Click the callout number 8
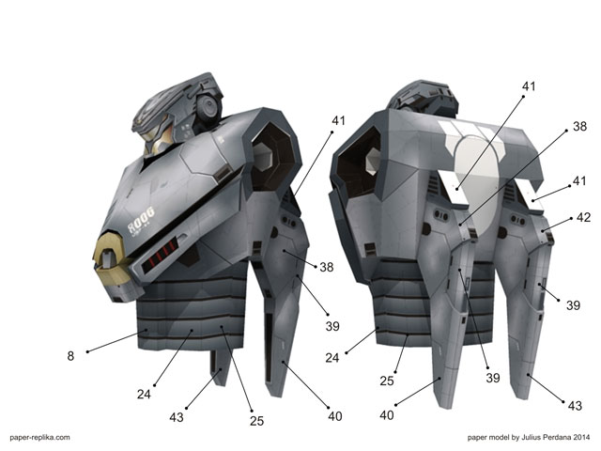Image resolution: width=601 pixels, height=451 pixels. point(70,356)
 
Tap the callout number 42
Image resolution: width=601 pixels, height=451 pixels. point(583,217)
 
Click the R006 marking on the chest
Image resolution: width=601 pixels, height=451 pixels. point(141,220)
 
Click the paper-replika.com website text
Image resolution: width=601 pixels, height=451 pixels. point(39,437)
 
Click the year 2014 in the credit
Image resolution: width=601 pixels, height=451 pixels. point(581,437)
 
